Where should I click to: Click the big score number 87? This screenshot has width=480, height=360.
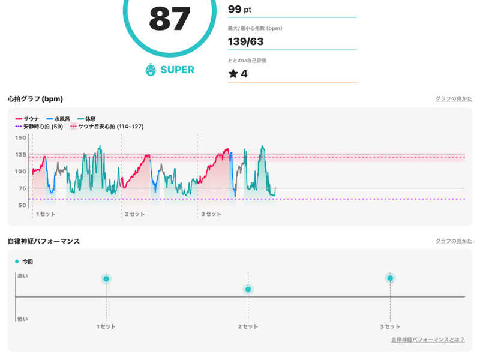pyautogui.click(x=170, y=19)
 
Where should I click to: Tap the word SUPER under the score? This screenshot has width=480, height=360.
pyautogui.click(x=177, y=70)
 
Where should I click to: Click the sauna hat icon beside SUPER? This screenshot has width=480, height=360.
pyautogui.click(x=151, y=70)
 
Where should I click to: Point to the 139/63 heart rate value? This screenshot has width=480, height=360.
pyautogui.click(x=245, y=41)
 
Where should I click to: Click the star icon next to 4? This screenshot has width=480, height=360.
pyautogui.click(x=233, y=74)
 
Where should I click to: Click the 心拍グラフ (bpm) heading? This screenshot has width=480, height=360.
pyautogui.click(x=35, y=98)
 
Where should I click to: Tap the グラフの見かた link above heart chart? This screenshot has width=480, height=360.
pyautogui.click(x=454, y=98)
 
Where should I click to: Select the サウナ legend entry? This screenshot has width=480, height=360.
pyautogui.click(x=28, y=119)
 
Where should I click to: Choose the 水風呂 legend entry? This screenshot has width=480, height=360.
pyautogui.click(x=63, y=119)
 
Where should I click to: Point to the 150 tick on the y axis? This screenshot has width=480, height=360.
pyautogui.click(x=20, y=138)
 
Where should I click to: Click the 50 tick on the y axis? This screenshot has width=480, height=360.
pyautogui.click(x=22, y=205)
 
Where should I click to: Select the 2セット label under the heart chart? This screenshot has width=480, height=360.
pyautogui.click(x=134, y=214)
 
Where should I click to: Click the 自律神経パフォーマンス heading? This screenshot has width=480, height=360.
pyautogui.click(x=44, y=241)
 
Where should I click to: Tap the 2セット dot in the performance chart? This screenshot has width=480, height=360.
pyautogui.click(x=248, y=289)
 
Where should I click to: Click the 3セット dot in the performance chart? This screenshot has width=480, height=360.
pyautogui.click(x=390, y=278)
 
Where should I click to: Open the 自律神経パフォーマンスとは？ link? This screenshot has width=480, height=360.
pyautogui.click(x=427, y=340)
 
